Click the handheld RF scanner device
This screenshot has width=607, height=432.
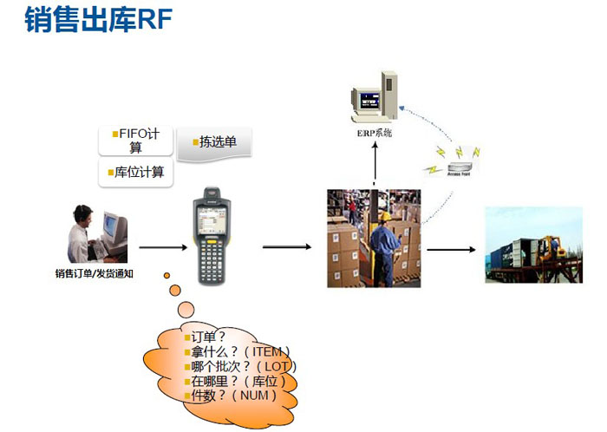212,234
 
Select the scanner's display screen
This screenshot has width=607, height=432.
212,213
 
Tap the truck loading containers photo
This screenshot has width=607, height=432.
532,245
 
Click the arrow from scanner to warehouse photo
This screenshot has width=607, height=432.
287,247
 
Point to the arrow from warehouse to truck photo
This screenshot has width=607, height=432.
452,250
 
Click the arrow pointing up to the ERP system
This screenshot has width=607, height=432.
375,163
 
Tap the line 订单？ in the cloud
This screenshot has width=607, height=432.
208,337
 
